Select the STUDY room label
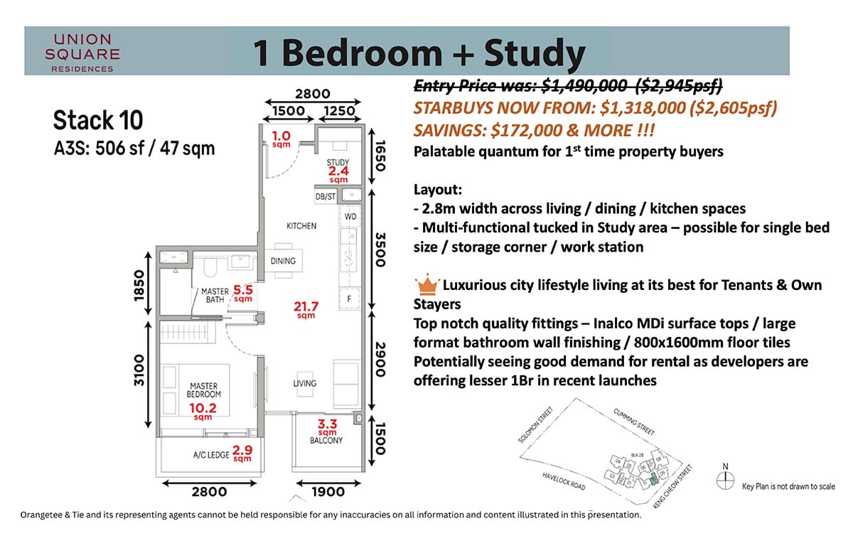338,163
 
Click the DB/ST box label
325,196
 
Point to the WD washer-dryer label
350,215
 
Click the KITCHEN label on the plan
301,226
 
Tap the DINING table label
283,261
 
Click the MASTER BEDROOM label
204,390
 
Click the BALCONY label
327,440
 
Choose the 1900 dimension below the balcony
328,491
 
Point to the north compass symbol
725,481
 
